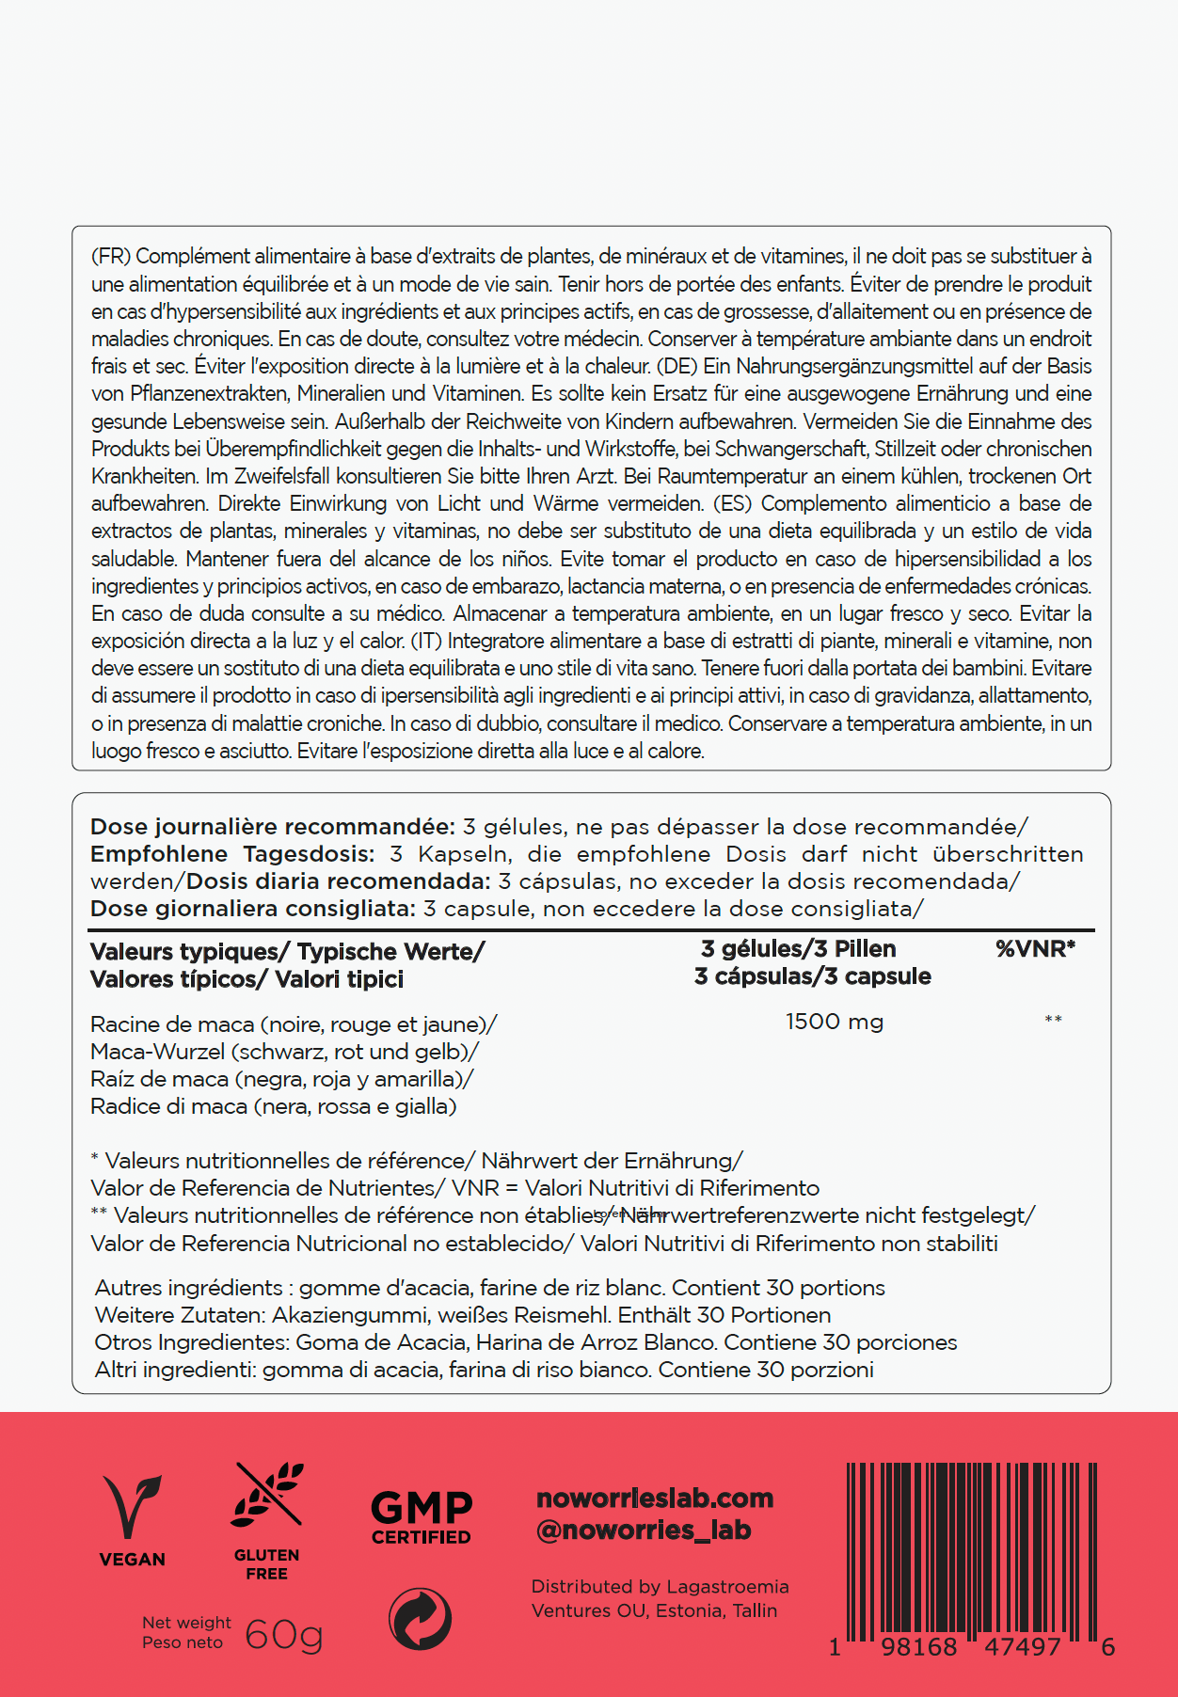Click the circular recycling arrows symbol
pyautogui.click(x=420, y=1619)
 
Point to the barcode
pyautogui.click(x=972, y=1552)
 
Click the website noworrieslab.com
pyautogui.click(x=655, y=1498)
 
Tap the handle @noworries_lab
pyautogui.click(x=644, y=1530)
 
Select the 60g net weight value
pyautogui.click(x=283, y=1635)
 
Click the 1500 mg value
pyautogui.click(x=835, y=1022)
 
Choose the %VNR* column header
pyautogui.click(x=1035, y=948)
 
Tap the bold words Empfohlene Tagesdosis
pyautogui.click(x=232, y=854)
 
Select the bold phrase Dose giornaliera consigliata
pyautogui.click(x=253, y=909)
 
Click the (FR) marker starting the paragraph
pyautogui.click(x=110, y=256)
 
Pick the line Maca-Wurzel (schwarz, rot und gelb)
pyautogui.click(x=284, y=1052)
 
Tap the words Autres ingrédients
pyautogui.click(x=188, y=1288)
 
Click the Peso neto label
pyautogui.click(x=183, y=1642)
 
